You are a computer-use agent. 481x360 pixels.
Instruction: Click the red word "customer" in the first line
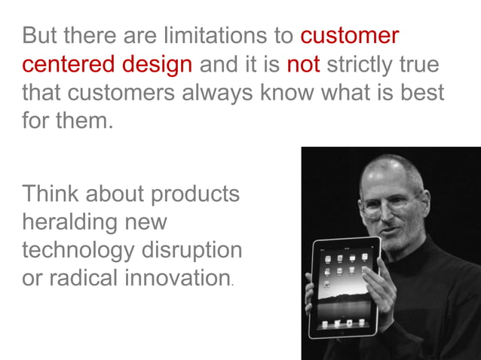coord(349,35)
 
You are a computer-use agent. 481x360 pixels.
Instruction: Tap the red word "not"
coord(303,64)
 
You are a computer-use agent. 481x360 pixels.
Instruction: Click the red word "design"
coord(156,64)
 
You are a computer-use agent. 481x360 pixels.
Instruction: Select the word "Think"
coord(49,194)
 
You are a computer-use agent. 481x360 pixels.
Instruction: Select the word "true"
coord(418,64)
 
